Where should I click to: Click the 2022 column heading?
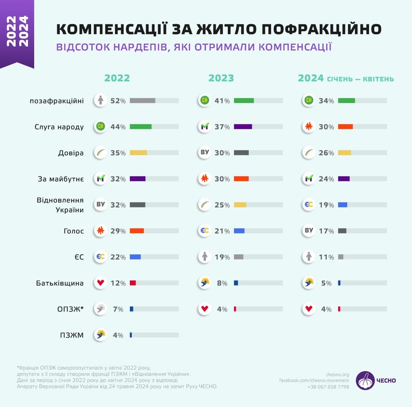[117, 78]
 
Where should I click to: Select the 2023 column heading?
[221, 78]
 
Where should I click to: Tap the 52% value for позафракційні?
[118, 100]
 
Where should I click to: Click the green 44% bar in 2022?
[141, 127]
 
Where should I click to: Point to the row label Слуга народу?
[59, 127]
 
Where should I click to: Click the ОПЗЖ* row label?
[70, 309]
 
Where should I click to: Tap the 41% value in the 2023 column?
[222, 100]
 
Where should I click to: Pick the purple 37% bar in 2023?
[243, 127]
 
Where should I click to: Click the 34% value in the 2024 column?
[326, 100]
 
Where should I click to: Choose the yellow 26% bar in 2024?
[345, 153]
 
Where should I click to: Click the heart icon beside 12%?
[100, 283]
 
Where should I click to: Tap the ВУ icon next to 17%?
[309, 231]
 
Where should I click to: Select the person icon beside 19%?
[205, 257]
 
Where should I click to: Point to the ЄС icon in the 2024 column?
[309, 205]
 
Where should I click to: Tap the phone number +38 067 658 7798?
[328, 387]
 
